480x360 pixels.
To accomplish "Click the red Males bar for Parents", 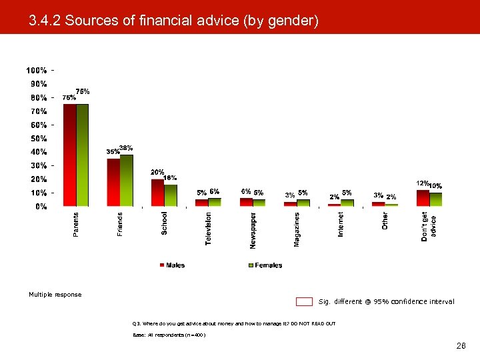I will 69,155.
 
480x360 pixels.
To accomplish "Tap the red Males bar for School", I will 157,193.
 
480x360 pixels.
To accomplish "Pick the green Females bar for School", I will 171,195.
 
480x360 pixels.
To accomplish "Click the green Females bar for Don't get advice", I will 435,199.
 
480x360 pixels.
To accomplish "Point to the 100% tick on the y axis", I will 37,70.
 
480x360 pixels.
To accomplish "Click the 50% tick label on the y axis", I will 37,139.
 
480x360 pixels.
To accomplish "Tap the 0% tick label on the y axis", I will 41,207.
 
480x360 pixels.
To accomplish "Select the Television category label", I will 209,229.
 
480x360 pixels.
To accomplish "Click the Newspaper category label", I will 253,231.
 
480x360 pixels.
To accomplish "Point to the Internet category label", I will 341,225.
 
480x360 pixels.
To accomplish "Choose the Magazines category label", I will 297,229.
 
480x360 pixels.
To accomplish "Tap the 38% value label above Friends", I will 126,147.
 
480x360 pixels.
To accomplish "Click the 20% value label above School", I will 157,171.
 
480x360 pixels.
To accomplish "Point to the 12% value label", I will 422,183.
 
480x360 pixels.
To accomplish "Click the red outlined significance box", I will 304,301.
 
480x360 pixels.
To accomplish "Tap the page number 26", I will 461,347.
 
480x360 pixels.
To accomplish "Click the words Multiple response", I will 55,295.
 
